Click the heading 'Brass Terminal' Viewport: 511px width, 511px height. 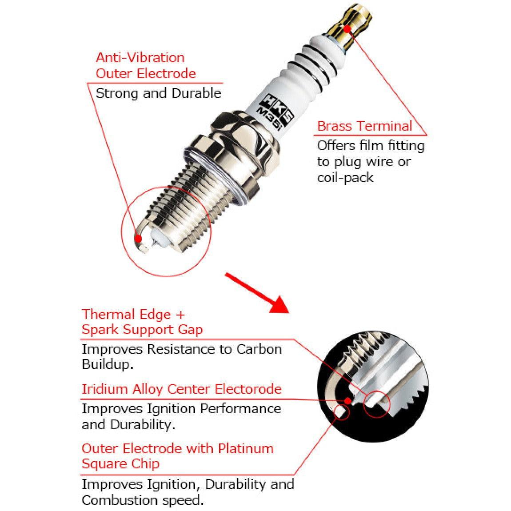coord(365,126)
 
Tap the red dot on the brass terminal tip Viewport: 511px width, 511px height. coord(347,28)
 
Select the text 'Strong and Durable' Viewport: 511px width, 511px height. coord(158,93)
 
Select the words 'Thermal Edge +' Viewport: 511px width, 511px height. coord(133,315)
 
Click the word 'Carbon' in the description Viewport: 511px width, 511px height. coord(259,349)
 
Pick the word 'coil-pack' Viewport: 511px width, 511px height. coord(345,178)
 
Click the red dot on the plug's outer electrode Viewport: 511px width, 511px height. coord(138,239)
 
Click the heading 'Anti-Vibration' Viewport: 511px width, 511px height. coord(140,58)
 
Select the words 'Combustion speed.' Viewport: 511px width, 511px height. coord(143,500)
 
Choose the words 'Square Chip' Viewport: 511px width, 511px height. coord(120,464)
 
